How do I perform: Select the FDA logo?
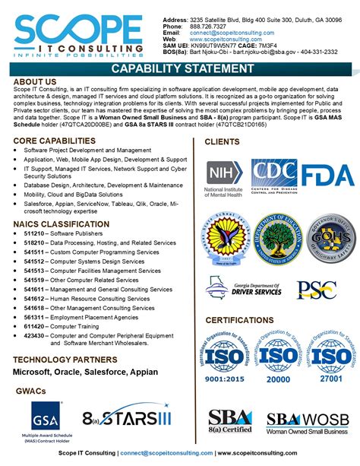click(327, 175)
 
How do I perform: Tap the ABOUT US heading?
click(35, 81)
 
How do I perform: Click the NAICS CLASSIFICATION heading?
click(55, 224)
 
